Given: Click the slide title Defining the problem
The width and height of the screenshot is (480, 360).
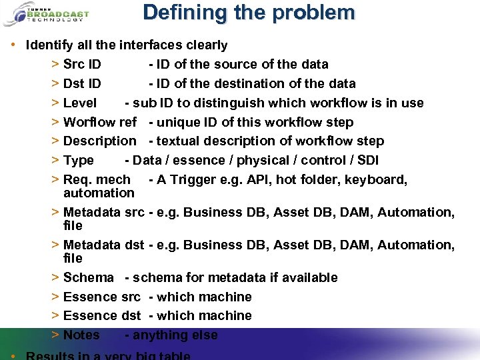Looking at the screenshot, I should tap(249, 13).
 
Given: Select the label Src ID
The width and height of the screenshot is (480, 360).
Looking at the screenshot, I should tap(82, 65).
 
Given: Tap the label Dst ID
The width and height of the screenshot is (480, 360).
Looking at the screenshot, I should tap(82, 84).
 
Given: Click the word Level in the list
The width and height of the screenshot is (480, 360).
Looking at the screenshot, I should tap(79, 103).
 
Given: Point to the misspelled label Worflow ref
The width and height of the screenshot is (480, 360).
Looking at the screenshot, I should tap(99, 123).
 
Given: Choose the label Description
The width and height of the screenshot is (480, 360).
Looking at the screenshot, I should tap(99, 141).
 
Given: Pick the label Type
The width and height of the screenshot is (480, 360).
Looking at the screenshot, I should tap(78, 161).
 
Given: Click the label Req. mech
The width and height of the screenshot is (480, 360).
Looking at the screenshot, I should tap(97, 180).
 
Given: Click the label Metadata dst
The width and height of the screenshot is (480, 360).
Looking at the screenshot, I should tap(103, 245).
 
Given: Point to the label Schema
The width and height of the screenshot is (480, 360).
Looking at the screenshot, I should tap(88, 278).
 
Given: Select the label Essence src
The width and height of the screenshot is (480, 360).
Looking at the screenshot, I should tap(101, 297).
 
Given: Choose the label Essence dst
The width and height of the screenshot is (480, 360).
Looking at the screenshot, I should tap(101, 316).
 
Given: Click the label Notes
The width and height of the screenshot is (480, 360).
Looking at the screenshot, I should tap(81, 335).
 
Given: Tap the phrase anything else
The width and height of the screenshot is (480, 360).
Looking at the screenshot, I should tap(175, 335).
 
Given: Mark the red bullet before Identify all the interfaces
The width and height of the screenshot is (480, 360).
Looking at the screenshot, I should tap(14, 46).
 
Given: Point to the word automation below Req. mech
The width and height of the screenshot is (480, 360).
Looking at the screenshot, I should tap(99, 193).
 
